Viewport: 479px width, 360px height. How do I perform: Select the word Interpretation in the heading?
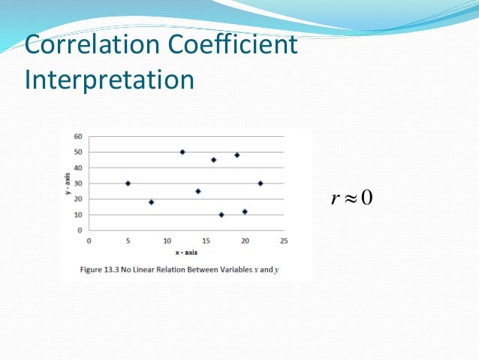pos(110,80)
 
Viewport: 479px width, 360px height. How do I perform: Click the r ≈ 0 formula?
pos(352,198)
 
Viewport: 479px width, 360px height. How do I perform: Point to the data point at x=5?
pos(128,183)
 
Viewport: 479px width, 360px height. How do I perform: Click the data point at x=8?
pos(151,202)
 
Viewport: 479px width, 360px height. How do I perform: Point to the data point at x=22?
pos(261,183)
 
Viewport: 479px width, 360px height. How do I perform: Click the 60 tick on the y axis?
pos(79,137)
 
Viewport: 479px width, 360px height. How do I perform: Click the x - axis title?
pos(187,253)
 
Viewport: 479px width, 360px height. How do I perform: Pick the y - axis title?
pos(69,184)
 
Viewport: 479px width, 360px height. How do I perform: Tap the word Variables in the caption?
pos(227,269)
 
